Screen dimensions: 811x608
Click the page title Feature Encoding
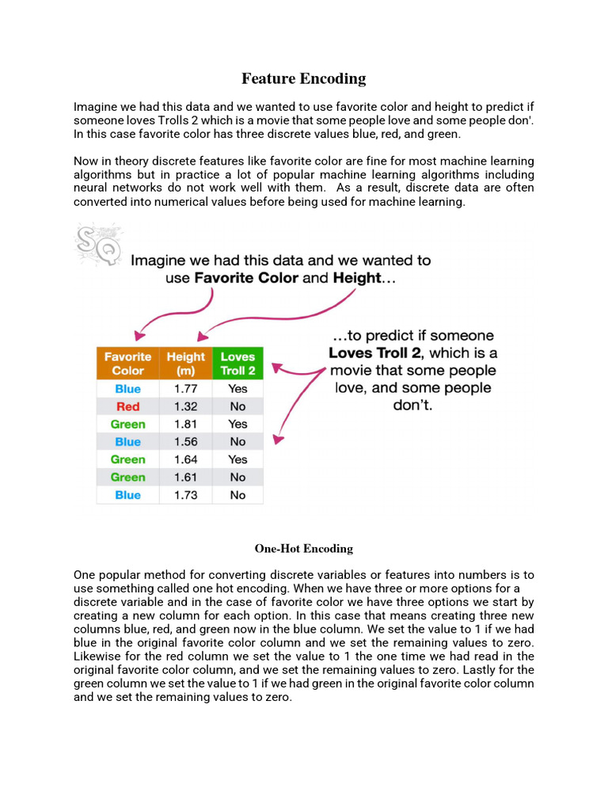click(303, 78)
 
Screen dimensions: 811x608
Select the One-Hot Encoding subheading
click(303, 548)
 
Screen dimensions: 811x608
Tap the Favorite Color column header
click(127, 364)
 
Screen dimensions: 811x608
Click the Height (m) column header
click(185, 364)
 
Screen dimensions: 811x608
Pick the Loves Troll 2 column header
click(237, 364)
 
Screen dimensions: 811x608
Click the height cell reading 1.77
click(185, 389)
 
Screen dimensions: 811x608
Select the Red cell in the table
click(127, 406)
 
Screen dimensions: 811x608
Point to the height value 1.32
click(185, 406)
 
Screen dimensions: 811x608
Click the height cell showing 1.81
click(185, 425)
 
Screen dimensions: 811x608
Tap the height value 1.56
click(185, 442)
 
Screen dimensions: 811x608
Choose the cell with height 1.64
click(185, 459)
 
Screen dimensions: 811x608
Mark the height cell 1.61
click(185, 478)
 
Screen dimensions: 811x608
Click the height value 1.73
click(185, 495)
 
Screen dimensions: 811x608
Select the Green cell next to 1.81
click(127, 425)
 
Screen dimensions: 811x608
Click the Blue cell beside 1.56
click(127, 442)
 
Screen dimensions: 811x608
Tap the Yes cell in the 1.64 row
click(237, 459)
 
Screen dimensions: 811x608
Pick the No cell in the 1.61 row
click(237, 478)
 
